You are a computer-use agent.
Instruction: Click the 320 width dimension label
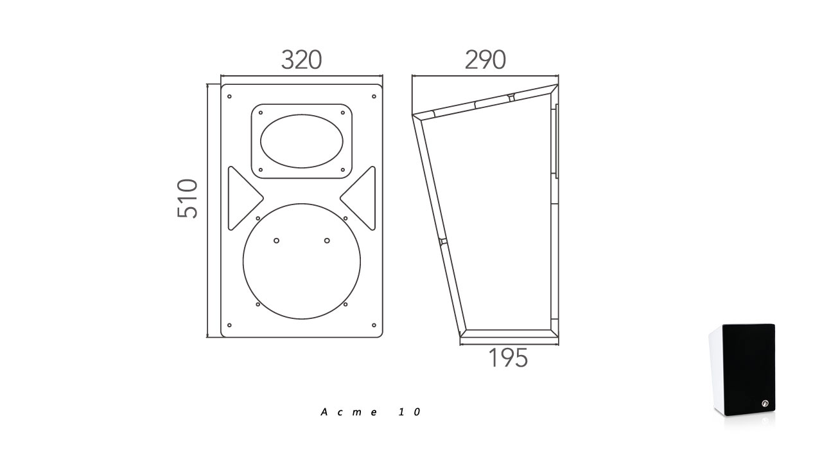pyautogui.click(x=301, y=60)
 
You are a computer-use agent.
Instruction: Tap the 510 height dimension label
pyautogui.click(x=187, y=199)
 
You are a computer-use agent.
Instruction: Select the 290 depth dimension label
pyautogui.click(x=485, y=60)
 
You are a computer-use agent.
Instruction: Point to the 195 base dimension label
pyautogui.click(x=508, y=358)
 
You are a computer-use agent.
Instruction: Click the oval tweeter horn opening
pyautogui.click(x=302, y=141)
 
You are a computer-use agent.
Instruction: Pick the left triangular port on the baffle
pyautogui.click(x=245, y=199)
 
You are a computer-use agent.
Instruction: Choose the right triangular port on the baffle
pyautogui.click(x=358, y=199)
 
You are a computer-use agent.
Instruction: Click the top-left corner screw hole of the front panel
pyautogui.click(x=229, y=96)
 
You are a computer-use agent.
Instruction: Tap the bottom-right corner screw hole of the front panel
pyautogui.click(x=374, y=325)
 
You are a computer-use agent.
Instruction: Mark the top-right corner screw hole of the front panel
pyautogui.click(x=374, y=96)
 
